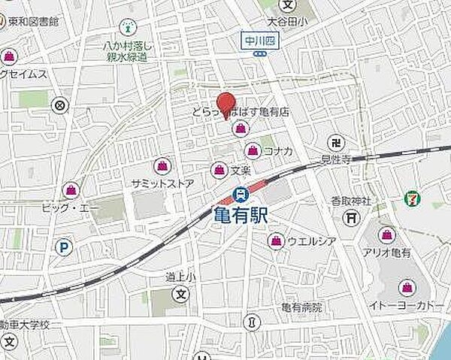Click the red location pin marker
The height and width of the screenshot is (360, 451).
pos(225,102)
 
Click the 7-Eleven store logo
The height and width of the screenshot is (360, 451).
pos(413,198)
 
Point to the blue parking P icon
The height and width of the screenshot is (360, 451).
pos(65,246)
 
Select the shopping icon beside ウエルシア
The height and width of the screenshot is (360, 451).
pos(275,241)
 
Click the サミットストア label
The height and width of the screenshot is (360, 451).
pos(162,183)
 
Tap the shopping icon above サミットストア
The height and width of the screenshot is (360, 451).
pos(162,165)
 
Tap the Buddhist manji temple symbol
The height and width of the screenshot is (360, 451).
pos(336,142)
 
